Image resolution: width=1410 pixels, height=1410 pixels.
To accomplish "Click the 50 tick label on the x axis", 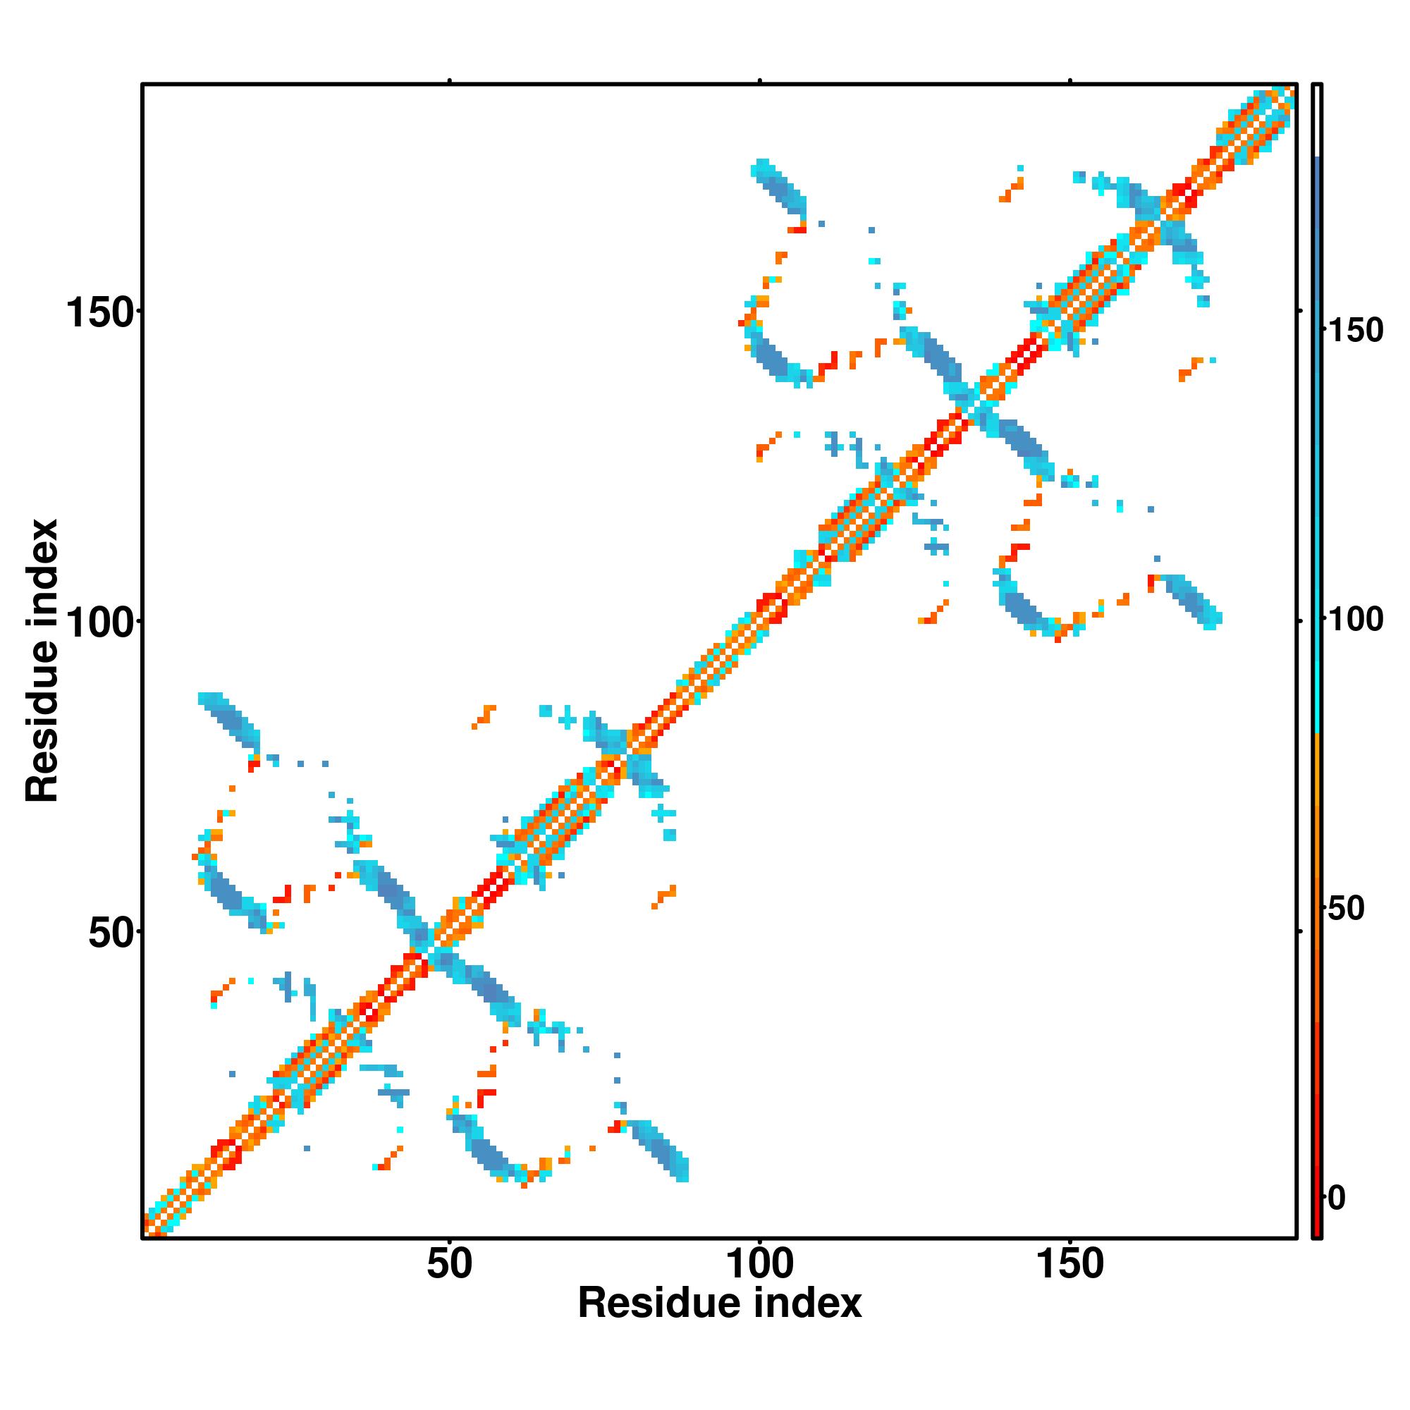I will (x=449, y=1263).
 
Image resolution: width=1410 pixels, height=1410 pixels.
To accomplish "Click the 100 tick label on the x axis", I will (x=760, y=1263).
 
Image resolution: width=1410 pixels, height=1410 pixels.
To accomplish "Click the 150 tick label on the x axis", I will (x=1070, y=1263).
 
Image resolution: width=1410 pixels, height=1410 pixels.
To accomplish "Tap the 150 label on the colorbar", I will (x=1354, y=331).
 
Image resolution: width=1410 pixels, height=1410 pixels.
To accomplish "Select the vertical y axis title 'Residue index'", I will (x=42, y=661).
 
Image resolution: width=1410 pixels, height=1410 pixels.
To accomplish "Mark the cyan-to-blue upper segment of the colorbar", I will (x=1318, y=438).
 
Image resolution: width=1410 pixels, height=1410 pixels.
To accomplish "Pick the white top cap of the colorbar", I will (x=1318, y=121).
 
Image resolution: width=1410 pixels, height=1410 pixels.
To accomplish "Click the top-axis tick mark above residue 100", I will (x=760, y=80).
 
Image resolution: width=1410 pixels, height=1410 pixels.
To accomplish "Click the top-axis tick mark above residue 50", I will (x=450, y=80).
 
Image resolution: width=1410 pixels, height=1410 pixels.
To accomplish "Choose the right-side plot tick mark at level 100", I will (x=1301, y=620).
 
